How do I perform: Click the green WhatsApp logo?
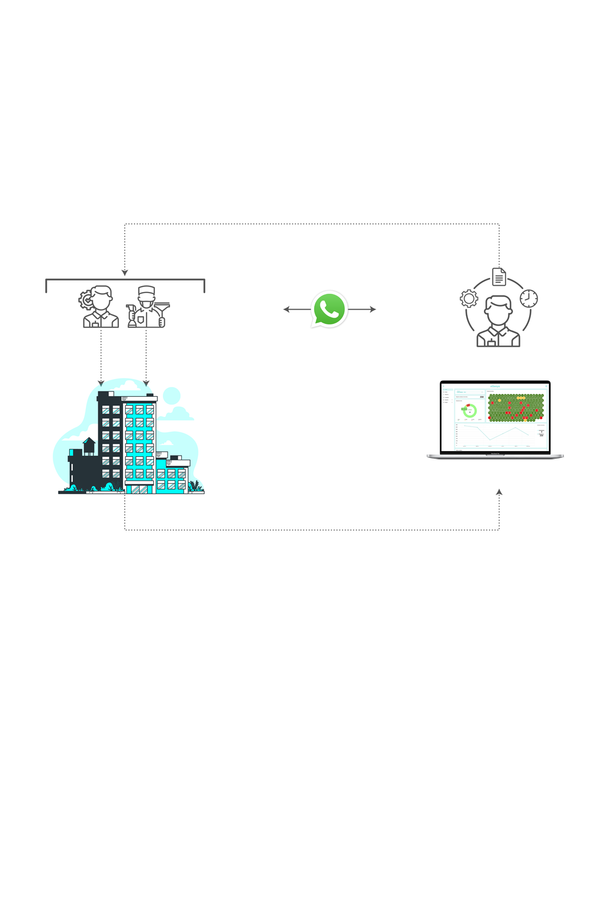(329, 309)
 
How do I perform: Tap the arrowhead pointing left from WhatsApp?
(287, 309)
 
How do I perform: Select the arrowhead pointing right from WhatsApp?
(372, 309)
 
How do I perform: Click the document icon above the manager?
(499, 276)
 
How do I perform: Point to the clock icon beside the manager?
(529, 298)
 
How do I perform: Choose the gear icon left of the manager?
(468, 298)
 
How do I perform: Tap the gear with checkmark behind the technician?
(86, 299)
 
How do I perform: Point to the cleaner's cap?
(146, 290)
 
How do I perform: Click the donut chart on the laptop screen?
(470, 410)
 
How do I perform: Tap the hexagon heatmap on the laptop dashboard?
(515, 407)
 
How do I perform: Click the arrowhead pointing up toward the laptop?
(499, 492)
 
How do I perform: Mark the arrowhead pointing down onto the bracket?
(125, 272)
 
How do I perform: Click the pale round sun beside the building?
(172, 395)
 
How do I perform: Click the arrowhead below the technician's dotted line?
(101, 382)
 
